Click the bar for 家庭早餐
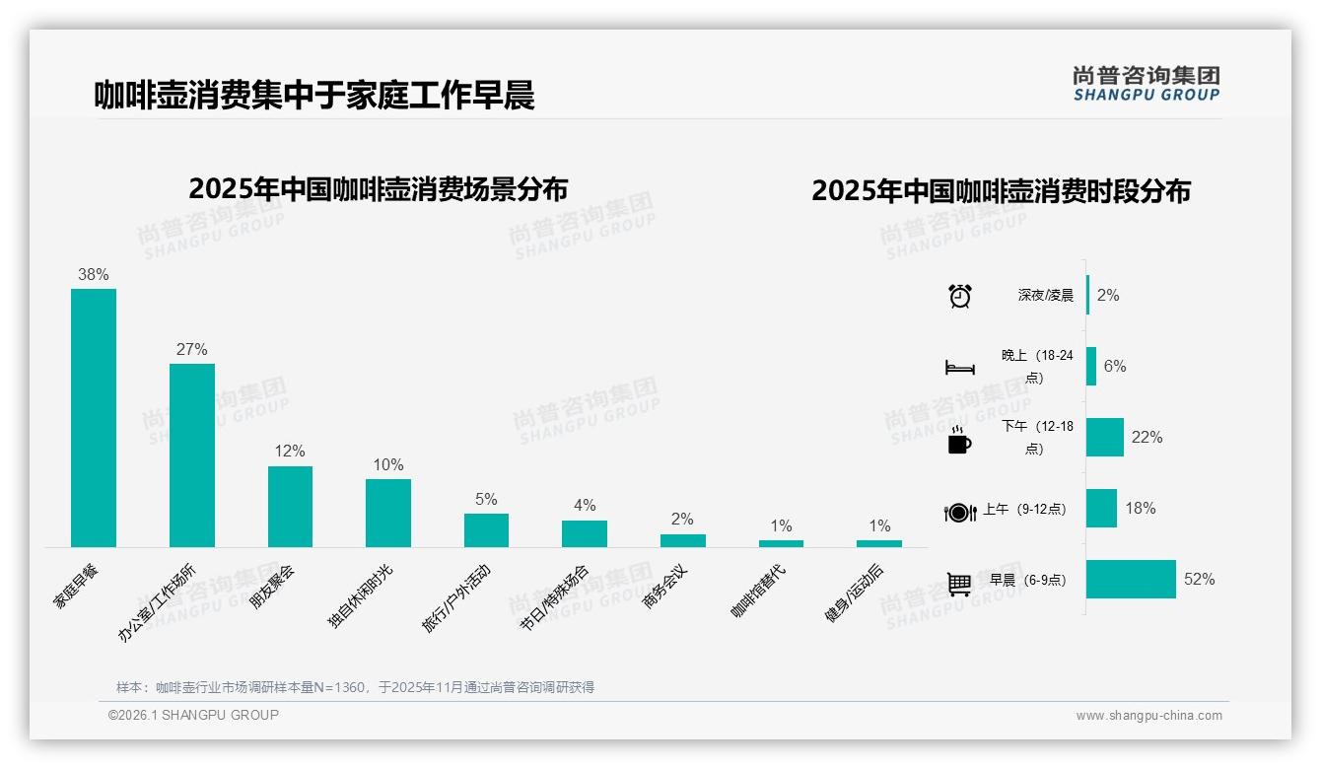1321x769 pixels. (x=94, y=417)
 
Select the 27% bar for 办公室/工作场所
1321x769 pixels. (x=192, y=454)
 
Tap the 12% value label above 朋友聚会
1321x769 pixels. (x=290, y=451)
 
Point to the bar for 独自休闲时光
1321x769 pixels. (x=388, y=513)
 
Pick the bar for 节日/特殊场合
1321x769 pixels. (x=585, y=533)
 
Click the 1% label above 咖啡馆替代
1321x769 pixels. (x=782, y=525)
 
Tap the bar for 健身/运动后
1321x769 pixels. (x=879, y=543)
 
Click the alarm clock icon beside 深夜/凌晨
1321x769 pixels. (x=960, y=295)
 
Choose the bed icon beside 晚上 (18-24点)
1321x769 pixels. (x=960, y=367)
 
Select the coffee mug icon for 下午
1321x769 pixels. (x=959, y=439)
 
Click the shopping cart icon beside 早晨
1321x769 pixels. (x=959, y=584)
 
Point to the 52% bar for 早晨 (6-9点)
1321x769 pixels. (x=1131, y=580)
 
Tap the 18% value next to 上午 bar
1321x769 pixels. (x=1141, y=509)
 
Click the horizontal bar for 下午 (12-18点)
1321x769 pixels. (x=1105, y=438)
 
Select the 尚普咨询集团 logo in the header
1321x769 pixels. (x=1147, y=84)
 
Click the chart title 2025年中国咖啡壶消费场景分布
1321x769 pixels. (x=379, y=188)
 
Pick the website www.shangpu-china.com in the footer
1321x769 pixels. (x=1148, y=716)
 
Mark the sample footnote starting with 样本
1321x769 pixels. (x=355, y=687)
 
